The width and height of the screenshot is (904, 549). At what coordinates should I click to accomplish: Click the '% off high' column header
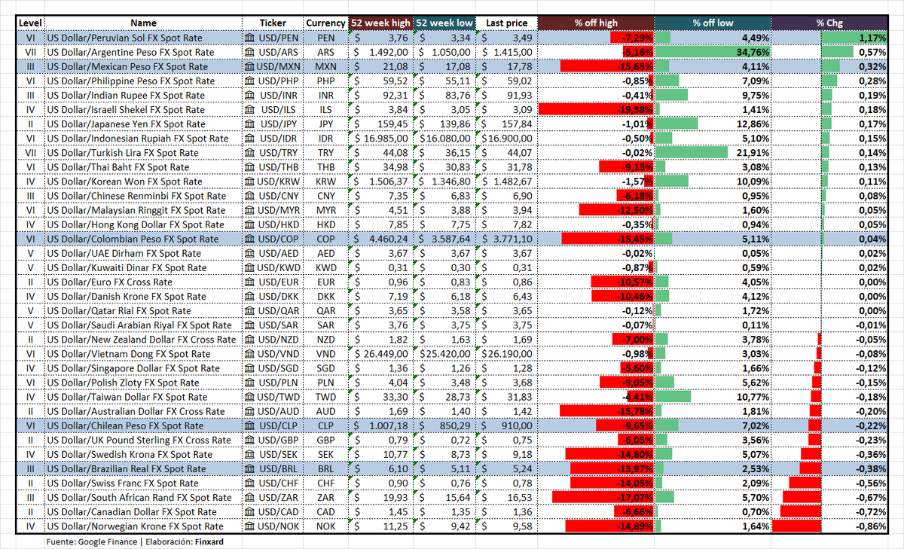click(596, 23)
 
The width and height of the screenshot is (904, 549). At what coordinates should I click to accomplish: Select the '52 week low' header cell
click(444, 23)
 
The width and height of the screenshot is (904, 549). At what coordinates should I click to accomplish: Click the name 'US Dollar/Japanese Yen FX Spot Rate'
click(126, 124)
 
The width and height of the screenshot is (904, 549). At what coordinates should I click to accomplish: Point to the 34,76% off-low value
click(753, 52)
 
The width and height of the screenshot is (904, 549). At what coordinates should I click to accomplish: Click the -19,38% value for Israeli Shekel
click(634, 110)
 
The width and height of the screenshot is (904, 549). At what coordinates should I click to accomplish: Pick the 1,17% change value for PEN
click(872, 38)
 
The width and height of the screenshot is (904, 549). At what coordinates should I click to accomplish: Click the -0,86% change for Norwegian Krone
click(871, 526)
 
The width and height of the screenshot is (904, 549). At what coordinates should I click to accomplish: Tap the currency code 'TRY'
click(325, 153)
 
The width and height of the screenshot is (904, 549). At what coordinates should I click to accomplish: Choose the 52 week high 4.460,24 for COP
click(388, 239)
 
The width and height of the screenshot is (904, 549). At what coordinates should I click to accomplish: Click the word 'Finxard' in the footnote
click(209, 541)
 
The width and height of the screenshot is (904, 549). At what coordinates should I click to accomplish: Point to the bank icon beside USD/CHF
click(250, 483)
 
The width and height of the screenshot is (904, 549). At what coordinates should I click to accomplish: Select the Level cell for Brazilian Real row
click(30, 469)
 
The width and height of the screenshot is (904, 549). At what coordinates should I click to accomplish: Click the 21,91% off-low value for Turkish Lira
click(753, 153)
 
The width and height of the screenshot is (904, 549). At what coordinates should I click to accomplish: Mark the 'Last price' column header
click(506, 23)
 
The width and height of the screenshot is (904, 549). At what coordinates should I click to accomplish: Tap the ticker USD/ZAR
click(279, 498)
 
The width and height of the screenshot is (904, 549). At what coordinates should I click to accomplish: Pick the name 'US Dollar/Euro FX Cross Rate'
click(109, 282)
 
